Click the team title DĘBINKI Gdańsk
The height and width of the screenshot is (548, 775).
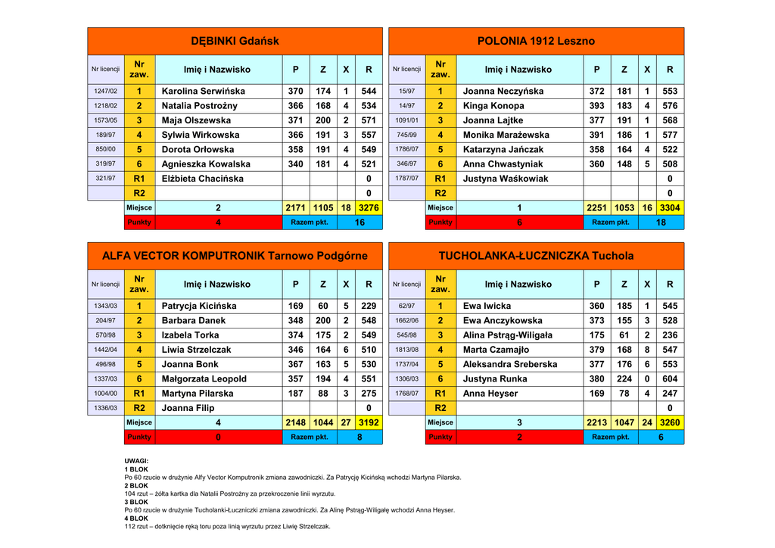click(x=235, y=41)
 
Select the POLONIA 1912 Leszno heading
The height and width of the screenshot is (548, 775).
click(x=536, y=41)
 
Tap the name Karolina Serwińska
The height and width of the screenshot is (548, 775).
click(x=204, y=91)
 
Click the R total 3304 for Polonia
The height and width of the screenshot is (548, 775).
click(x=670, y=207)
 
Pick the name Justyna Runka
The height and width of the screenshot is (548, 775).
click(x=495, y=378)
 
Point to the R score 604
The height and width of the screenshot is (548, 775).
click(x=670, y=378)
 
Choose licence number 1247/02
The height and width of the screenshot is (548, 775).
click(x=105, y=91)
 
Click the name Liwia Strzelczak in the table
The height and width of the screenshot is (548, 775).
click(x=197, y=350)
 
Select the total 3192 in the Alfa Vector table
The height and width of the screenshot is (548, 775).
click(x=369, y=422)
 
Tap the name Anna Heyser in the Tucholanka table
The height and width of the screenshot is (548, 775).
click(x=490, y=394)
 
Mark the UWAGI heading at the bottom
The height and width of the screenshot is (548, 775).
click(x=136, y=461)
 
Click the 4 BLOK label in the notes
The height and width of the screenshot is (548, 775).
click(x=136, y=518)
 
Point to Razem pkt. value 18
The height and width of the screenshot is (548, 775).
click(x=661, y=223)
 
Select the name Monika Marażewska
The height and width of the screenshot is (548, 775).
click(x=506, y=135)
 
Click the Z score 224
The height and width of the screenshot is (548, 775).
click(x=624, y=378)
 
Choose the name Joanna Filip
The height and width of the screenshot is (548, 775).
click(x=188, y=408)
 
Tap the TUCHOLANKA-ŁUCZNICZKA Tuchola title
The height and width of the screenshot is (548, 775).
click(x=536, y=256)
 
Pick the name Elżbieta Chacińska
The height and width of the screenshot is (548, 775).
click(x=203, y=179)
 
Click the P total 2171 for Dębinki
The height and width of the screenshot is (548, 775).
click(x=295, y=207)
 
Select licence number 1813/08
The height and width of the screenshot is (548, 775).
click(x=406, y=350)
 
